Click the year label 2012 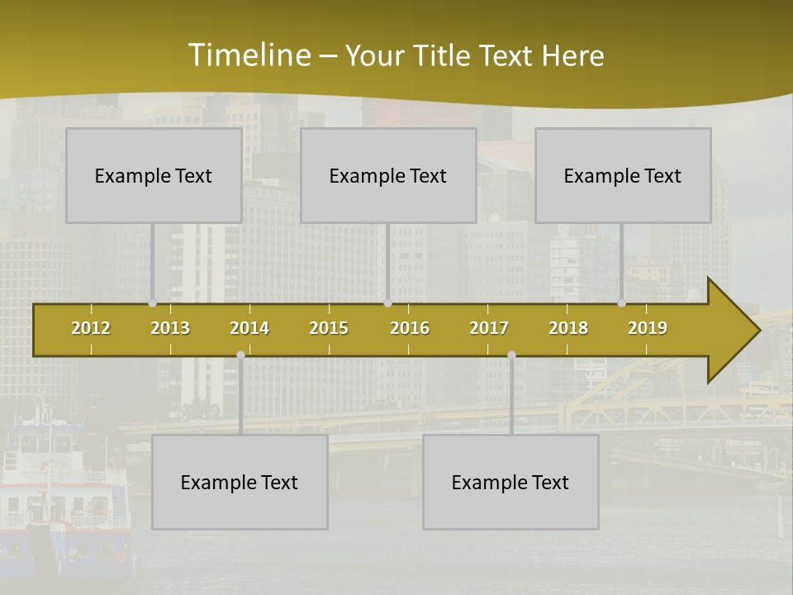(x=91, y=328)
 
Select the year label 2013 (x=170, y=328)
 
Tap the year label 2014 (x=249, y=328)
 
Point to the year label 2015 (x=329, y=328)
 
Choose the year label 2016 (x=410, y=328)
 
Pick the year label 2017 (x=489, y=328)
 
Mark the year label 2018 (x=568, y=328)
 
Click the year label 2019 (x=648, y=328)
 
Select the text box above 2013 (x=154, y=175)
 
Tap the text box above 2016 (x=388, y=175)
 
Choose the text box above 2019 (x=623, y=175)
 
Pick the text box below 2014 (x=240, y=482)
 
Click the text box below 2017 (x=510, y=482)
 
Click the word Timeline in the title (x=249, y=55)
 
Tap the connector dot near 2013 (x=153, y=303)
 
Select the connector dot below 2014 (x=240, y=355)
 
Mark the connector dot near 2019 (x=622, y=303)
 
